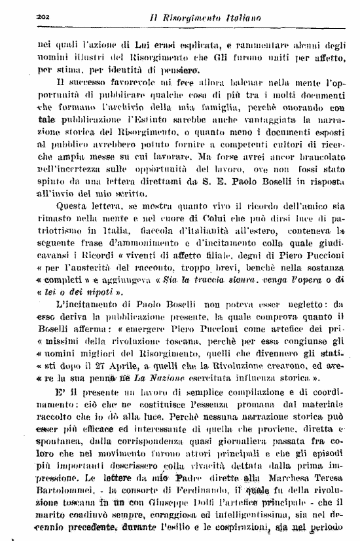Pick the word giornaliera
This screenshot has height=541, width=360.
[249, 460]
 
